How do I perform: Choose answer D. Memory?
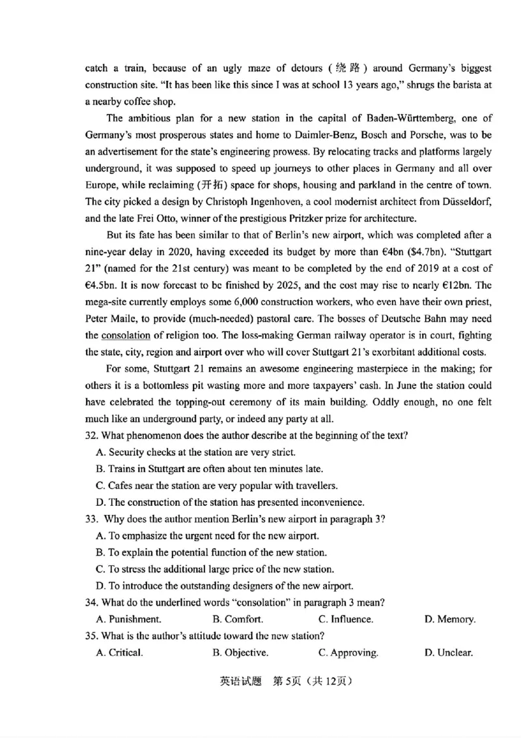pyautogui.click(x=449, y=619)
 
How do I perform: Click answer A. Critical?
pyautogui.click(x=119, y=653)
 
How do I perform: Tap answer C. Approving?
pyautogui.click(x=348, y=653)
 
